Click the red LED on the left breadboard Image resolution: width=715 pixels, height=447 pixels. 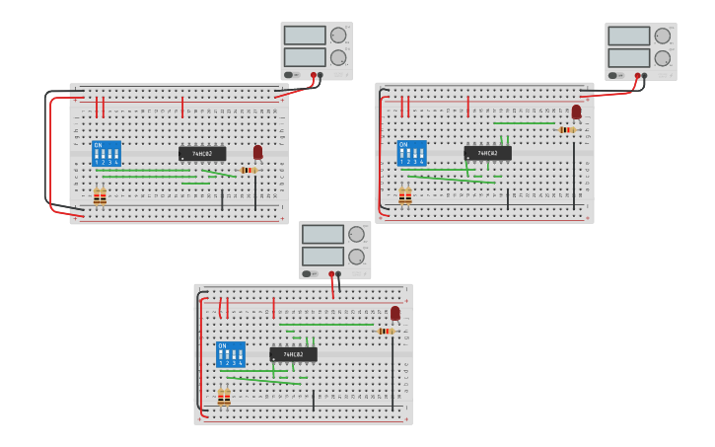tap(258, 152)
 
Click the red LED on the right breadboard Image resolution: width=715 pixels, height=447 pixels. tap(577, 112)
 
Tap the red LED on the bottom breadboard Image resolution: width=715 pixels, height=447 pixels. tap(395, 313)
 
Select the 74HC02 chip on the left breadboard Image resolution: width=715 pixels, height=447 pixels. tap(202, 154)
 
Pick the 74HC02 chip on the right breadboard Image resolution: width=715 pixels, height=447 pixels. tap(487, 153)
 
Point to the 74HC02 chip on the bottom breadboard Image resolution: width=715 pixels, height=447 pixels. tap(293, 354)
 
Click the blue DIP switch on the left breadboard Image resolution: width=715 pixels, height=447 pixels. tap(107, 153)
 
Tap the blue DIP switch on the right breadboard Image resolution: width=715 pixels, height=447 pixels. tap(411, 152)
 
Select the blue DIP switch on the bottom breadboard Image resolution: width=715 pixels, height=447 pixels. tap(230, 354)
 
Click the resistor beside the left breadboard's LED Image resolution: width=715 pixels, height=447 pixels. tap(249, 170)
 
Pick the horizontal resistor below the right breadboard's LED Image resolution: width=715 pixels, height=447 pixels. tap(567, 129)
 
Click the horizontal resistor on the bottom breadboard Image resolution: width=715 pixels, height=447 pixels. tap(386, 331)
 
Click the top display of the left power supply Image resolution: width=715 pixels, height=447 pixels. tap(305, 36)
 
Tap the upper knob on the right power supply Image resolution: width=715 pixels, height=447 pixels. tap(663, 36)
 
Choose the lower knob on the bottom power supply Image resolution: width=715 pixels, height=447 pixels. tap(356, 257)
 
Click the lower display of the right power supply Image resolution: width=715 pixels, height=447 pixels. tap(628, 57)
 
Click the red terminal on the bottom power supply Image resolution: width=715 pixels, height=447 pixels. tap(330, 274)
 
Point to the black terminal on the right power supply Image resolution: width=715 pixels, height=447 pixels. tap(645, 75)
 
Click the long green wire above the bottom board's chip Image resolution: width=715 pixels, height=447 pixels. tap(325, 324)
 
